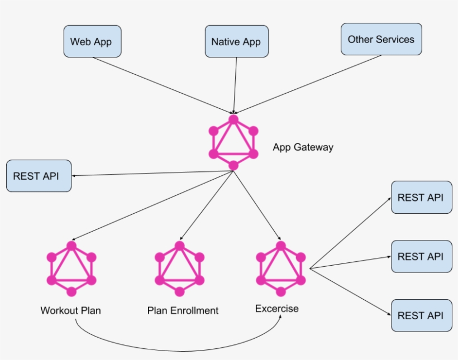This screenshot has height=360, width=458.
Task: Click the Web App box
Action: [92, 41]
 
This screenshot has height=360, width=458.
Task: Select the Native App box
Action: [236, 41]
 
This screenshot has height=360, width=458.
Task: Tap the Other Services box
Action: [381, 39]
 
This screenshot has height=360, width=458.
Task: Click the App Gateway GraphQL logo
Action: [233, 142]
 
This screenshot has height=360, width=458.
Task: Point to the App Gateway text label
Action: [303, 147]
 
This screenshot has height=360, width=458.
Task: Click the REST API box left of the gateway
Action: [39, 176]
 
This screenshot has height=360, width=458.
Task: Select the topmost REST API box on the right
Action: [421, 197]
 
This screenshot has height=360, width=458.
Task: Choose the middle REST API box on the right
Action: [421, 256]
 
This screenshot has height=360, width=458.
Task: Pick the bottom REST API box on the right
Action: [421, 315]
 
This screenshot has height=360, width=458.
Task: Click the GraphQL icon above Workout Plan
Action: [71, 268]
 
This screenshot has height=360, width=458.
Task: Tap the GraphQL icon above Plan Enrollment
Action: [179, 268]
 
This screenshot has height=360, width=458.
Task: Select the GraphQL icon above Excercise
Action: [281, 268]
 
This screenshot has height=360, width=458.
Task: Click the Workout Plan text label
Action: [71, 310]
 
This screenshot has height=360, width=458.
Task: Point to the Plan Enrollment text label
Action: [183, 310]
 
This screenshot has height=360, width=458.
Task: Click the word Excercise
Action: [277, 309]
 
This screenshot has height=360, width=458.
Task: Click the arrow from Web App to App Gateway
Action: [162, 85]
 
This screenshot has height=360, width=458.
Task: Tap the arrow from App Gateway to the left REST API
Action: [151, 174]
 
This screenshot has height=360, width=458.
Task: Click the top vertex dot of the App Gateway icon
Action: [233, 119]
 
